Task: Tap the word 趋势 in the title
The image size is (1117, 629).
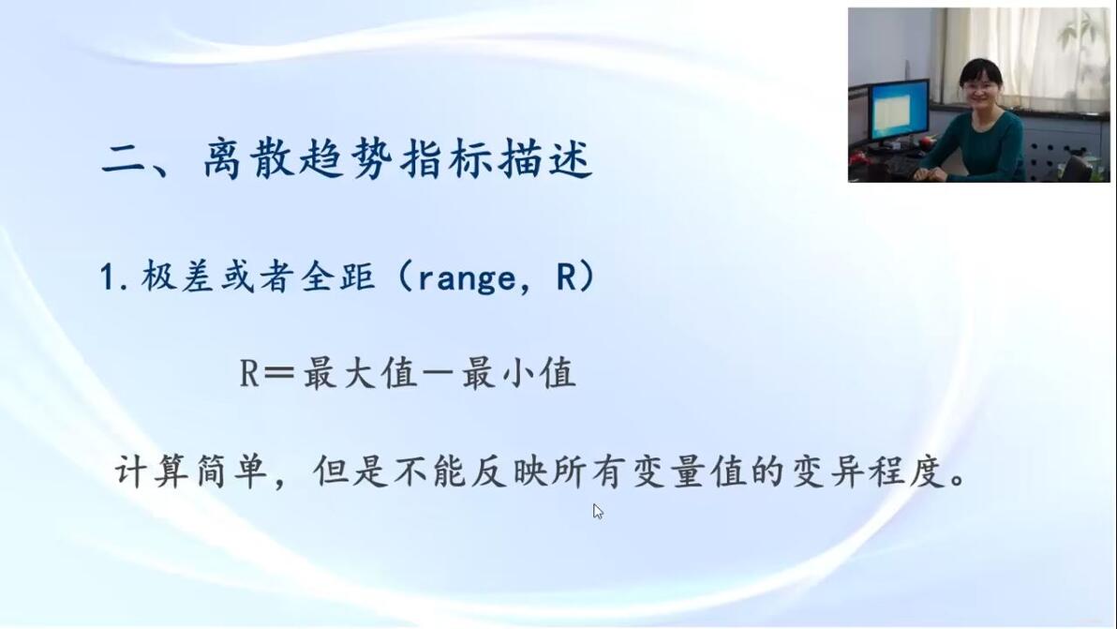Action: tap(349, 158)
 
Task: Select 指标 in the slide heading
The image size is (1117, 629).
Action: tap(447, 158)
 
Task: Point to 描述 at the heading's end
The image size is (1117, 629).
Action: tap(545, 158)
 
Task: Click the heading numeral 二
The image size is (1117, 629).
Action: tap(126, 159)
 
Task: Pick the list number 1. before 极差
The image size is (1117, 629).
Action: tap(114, 277)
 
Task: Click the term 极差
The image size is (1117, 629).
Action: tap(178, 277)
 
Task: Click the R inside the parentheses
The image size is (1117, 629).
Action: tap(565, 277)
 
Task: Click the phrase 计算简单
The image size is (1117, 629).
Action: tap(191, 471)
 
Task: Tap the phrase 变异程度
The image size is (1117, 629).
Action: tap(869, 471)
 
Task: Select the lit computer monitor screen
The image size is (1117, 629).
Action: tap(899, 111)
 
